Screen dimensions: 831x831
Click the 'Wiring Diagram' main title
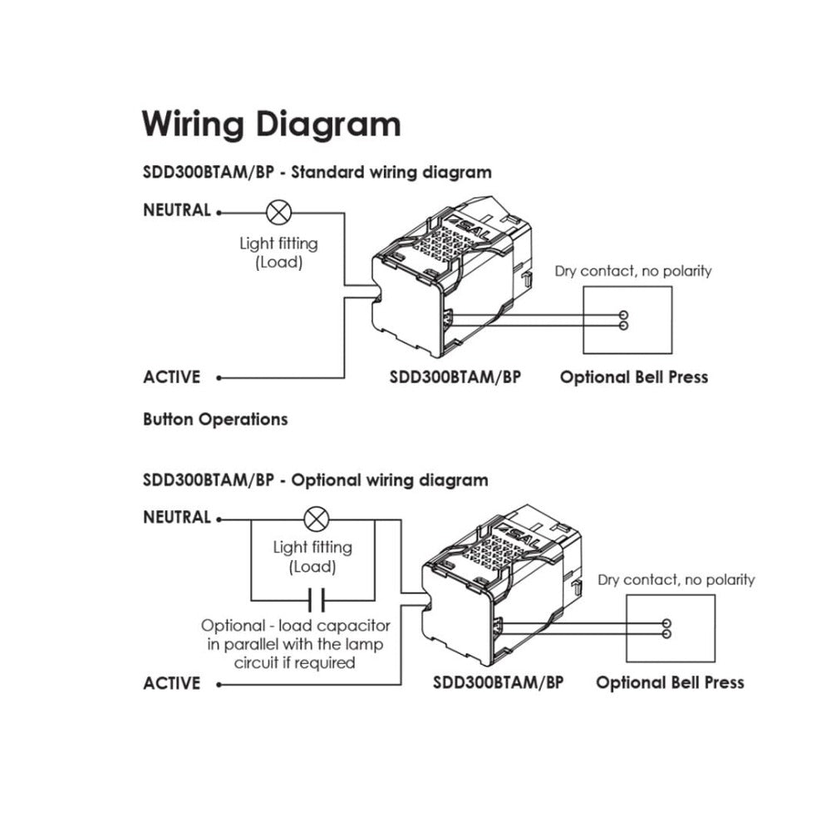pyautogui.click(x=271, y=124)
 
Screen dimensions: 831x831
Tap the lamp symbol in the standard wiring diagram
pyautogui.click(x=276, y=212)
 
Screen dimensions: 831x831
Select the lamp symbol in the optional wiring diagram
pyautogui.click(x=315, y=520)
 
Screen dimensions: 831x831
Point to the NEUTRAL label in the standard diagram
pyautogui.click(x=177, y=210)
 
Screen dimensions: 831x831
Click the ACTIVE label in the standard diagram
pyautogui.click(x=172, y=377)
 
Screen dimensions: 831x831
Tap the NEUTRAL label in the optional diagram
pyautogui.click(x=177, y=518)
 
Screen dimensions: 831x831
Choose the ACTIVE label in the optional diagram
pyautogui.click(x=172, y=684)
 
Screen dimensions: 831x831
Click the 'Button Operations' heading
pyautogui.click(x=215, y=420)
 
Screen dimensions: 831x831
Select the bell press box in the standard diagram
pyautogui.click(x=627, y=320)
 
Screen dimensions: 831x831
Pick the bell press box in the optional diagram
pyautogui.click(x=671, y=628)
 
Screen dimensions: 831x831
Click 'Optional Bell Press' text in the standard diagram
pyautogui.click(x=633, y=377)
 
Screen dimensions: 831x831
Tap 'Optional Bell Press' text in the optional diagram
pyautogui.click(x=670, y=684)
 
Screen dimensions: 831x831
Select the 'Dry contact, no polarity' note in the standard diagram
pyautogui.click(x=633, y=271)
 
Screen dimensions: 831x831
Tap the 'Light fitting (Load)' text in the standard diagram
pyautogui.click(x=278, y=252)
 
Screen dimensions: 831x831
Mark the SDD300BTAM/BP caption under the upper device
pyautogui.click(x=455, y=377)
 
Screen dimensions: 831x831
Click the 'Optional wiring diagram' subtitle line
pyautogui.click(x=316, y=480)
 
